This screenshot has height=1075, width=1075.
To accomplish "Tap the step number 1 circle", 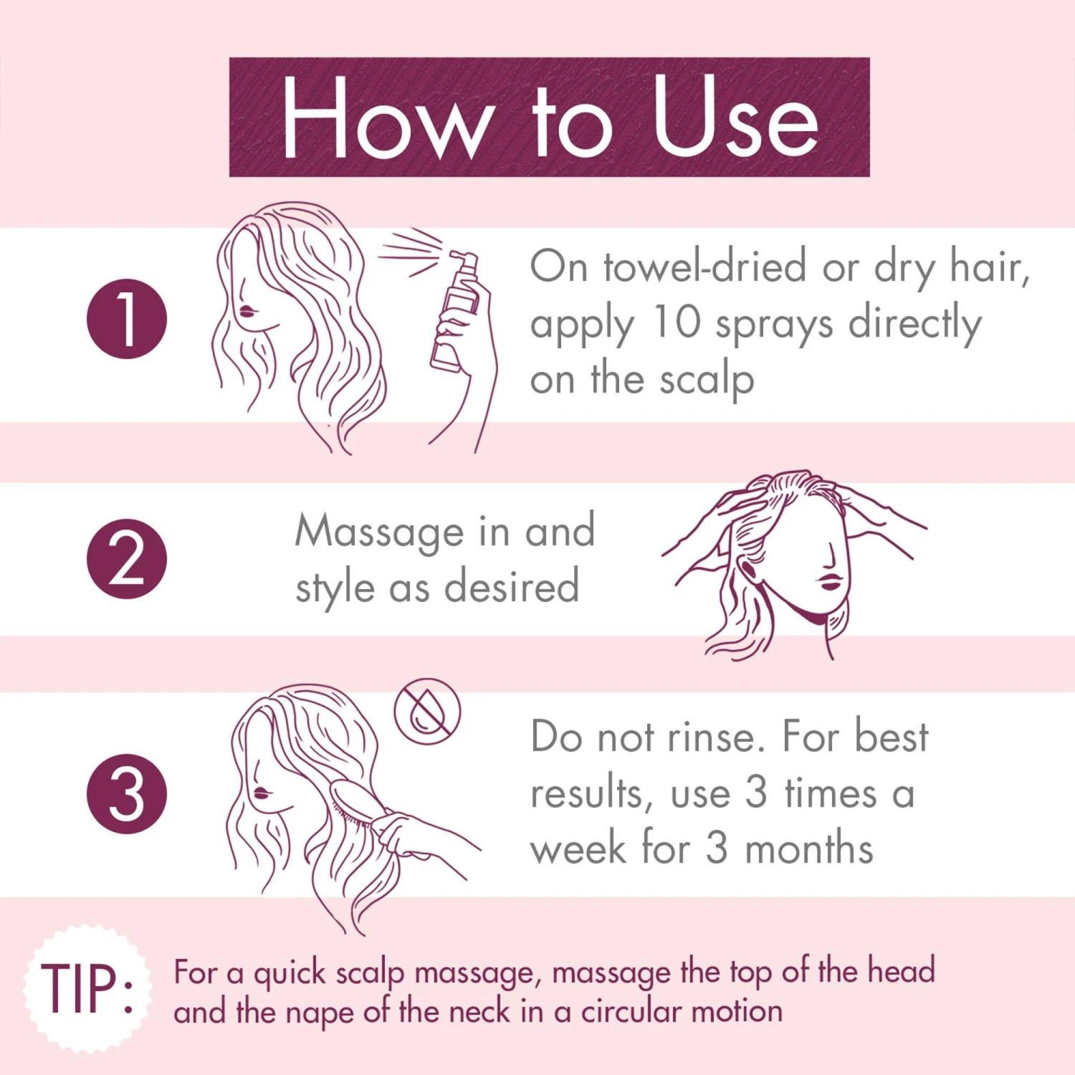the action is coord(127,318).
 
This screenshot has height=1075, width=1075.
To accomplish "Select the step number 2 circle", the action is coord(127,559).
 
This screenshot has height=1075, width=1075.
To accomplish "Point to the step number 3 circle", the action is coord(127,794).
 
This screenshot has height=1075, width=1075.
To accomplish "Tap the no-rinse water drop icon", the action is coord(427,712).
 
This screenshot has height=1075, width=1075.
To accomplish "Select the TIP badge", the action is coord(87,988).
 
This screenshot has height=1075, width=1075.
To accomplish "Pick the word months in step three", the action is coord(809,849).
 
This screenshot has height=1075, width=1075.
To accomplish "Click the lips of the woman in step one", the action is coord(247,311).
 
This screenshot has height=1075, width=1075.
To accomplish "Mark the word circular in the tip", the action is coord(631,1011).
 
